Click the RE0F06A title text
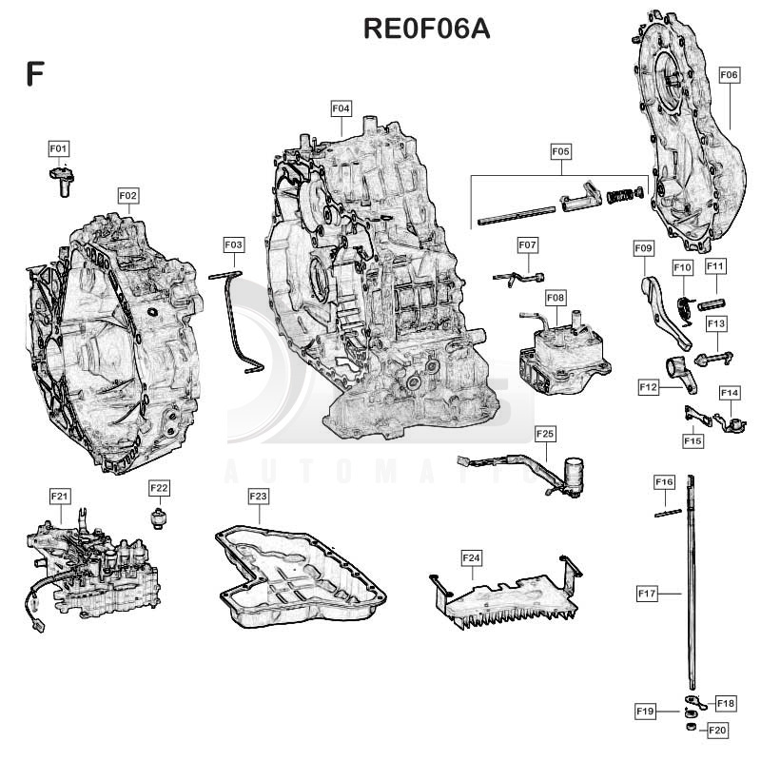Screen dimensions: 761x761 426,29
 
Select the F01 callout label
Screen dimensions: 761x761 59,148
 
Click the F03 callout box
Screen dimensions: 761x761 233,244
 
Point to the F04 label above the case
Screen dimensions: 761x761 341,108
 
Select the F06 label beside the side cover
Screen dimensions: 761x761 730,75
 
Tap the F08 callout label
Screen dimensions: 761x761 556,297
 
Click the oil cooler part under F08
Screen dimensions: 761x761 565,352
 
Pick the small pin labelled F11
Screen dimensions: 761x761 712,304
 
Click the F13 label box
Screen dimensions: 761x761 716,323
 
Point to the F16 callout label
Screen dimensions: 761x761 664,481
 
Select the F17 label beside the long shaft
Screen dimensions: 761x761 648,593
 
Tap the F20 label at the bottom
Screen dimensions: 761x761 718,731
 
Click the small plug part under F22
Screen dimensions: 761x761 158,518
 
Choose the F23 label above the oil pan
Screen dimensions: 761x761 258,496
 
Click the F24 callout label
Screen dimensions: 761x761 472,558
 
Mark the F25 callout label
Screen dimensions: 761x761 545,434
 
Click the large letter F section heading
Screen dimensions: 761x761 35,74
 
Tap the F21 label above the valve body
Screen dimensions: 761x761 60,496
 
